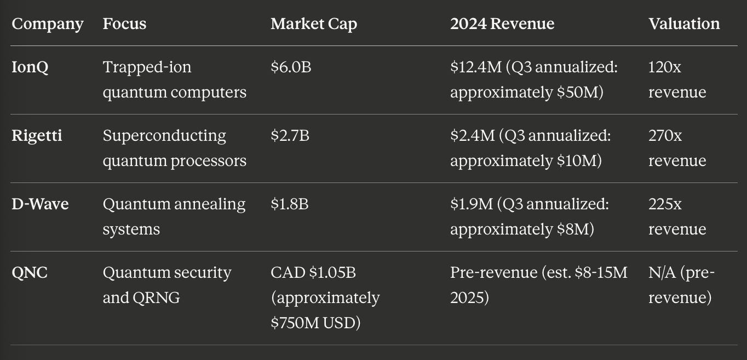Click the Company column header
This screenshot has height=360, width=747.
(48, 24)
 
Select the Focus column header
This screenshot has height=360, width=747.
(124, 24)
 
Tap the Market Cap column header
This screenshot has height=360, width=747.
(313, 24)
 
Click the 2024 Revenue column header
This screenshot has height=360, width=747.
(502, 24)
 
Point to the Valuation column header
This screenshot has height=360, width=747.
(683, 24)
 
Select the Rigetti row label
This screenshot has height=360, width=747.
(37, 136)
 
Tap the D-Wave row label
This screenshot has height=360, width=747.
(40, 204)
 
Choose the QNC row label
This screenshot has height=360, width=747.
(30, 273)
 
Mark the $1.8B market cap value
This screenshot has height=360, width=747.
(289, 204)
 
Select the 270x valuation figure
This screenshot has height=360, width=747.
(665, 136)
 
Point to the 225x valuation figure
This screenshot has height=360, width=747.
(665, 204)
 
